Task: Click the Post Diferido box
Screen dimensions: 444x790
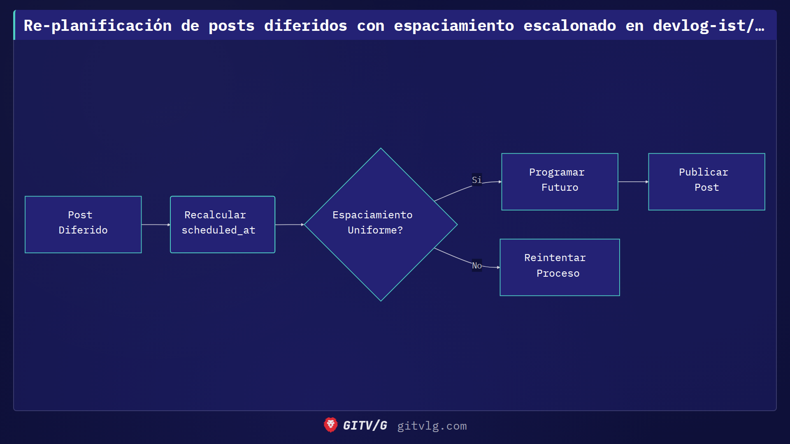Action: pyautogui.click(x=83, y=224)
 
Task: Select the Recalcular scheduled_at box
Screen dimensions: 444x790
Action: pyautogui.click(x=222, y=224)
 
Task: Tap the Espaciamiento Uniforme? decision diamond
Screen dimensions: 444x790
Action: pyautogui.click(x=381, y=224)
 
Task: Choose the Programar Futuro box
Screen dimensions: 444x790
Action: pyautogui.click(x=560, y=182)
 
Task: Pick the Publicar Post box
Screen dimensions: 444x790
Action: pyautogui.click(x=706, y=182)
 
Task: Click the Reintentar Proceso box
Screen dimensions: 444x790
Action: pyautogui.click(x=560, y=267)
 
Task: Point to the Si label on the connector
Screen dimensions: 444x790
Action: pyautogui.click(x=476, y=180)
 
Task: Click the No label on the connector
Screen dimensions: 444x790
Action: pyautogui.click(x=476, y=266)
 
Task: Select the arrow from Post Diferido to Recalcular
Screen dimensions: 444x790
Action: pyautogui.click(x=156, y=224)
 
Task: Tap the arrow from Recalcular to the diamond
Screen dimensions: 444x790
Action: pyautogui.click(x=289, y=224)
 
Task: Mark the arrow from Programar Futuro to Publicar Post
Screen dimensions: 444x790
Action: pyautogui.click(x=633, y=182)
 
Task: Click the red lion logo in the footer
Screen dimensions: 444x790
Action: pyautogui.click(x=330, y=425)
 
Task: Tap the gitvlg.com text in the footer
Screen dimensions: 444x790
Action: pyautogui.click(x=432, y=426)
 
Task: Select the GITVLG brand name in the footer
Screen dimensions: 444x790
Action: pyautogui.click(x=365, y=425)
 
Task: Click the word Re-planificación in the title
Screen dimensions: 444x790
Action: pyautogui.click(x=98, y=26)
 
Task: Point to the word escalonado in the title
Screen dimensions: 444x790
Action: pyautogui.click(x=569, y=26)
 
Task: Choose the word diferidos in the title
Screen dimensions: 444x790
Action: pyautogui.click(x=305, y=26)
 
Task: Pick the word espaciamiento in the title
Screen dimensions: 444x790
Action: pyautogui.click(x=453, y=26)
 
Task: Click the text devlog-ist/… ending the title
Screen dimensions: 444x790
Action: pyautogui.click(x=708, y=26)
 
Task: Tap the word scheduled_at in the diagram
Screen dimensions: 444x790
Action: pyautogui.click(x=218, y=230)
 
